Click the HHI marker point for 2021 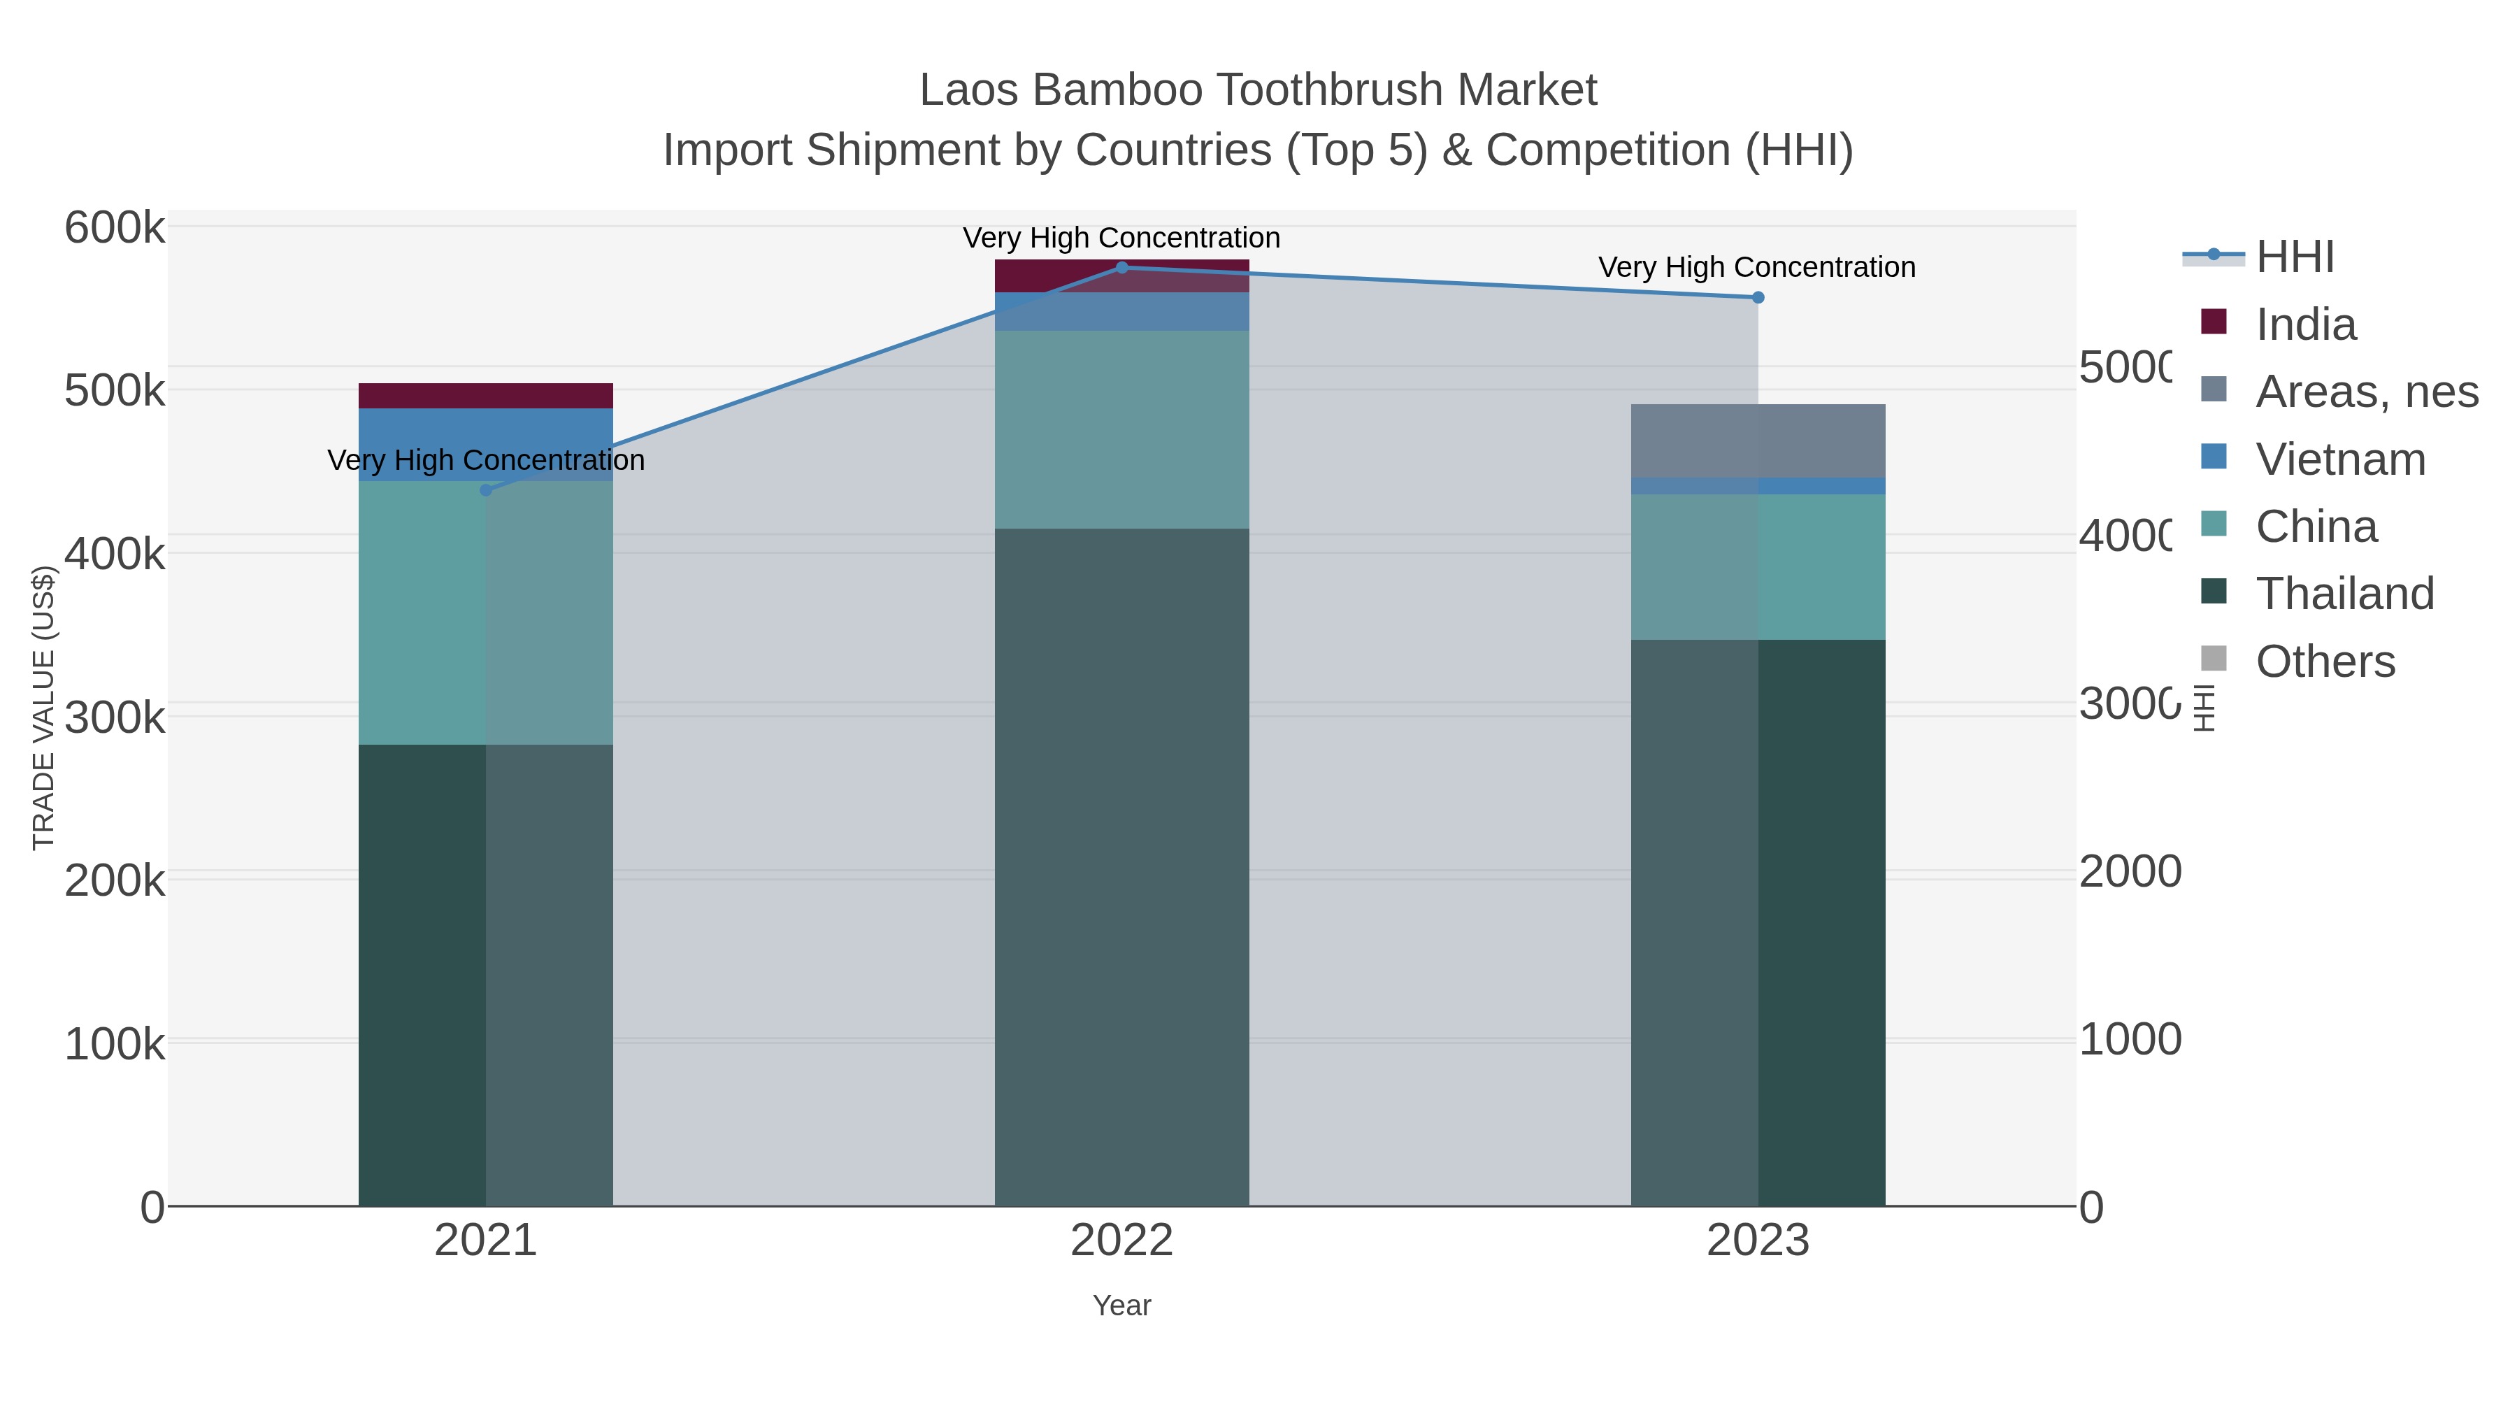(486, 489)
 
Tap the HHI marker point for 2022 (1121, 268)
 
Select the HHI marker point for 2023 (1758, 297)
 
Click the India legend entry (2305, 324)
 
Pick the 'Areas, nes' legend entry (2365, 392)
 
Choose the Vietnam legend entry (2339, 459)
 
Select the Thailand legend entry (2344, 593)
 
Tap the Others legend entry (2325, 661)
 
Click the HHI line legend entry (2293, 257)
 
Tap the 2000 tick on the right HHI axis (2129, 872)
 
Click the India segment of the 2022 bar (1121, 276)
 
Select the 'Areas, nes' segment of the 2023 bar (1758, 441)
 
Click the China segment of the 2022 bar (1121, 430)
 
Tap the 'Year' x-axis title (1121, 1306)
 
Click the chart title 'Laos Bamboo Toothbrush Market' (1258, 90)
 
